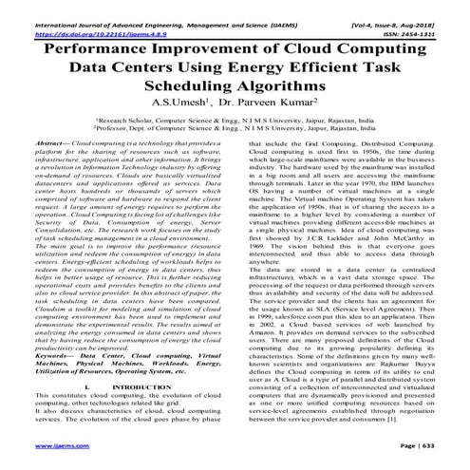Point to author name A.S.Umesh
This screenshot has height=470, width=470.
(x=194, y=102)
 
